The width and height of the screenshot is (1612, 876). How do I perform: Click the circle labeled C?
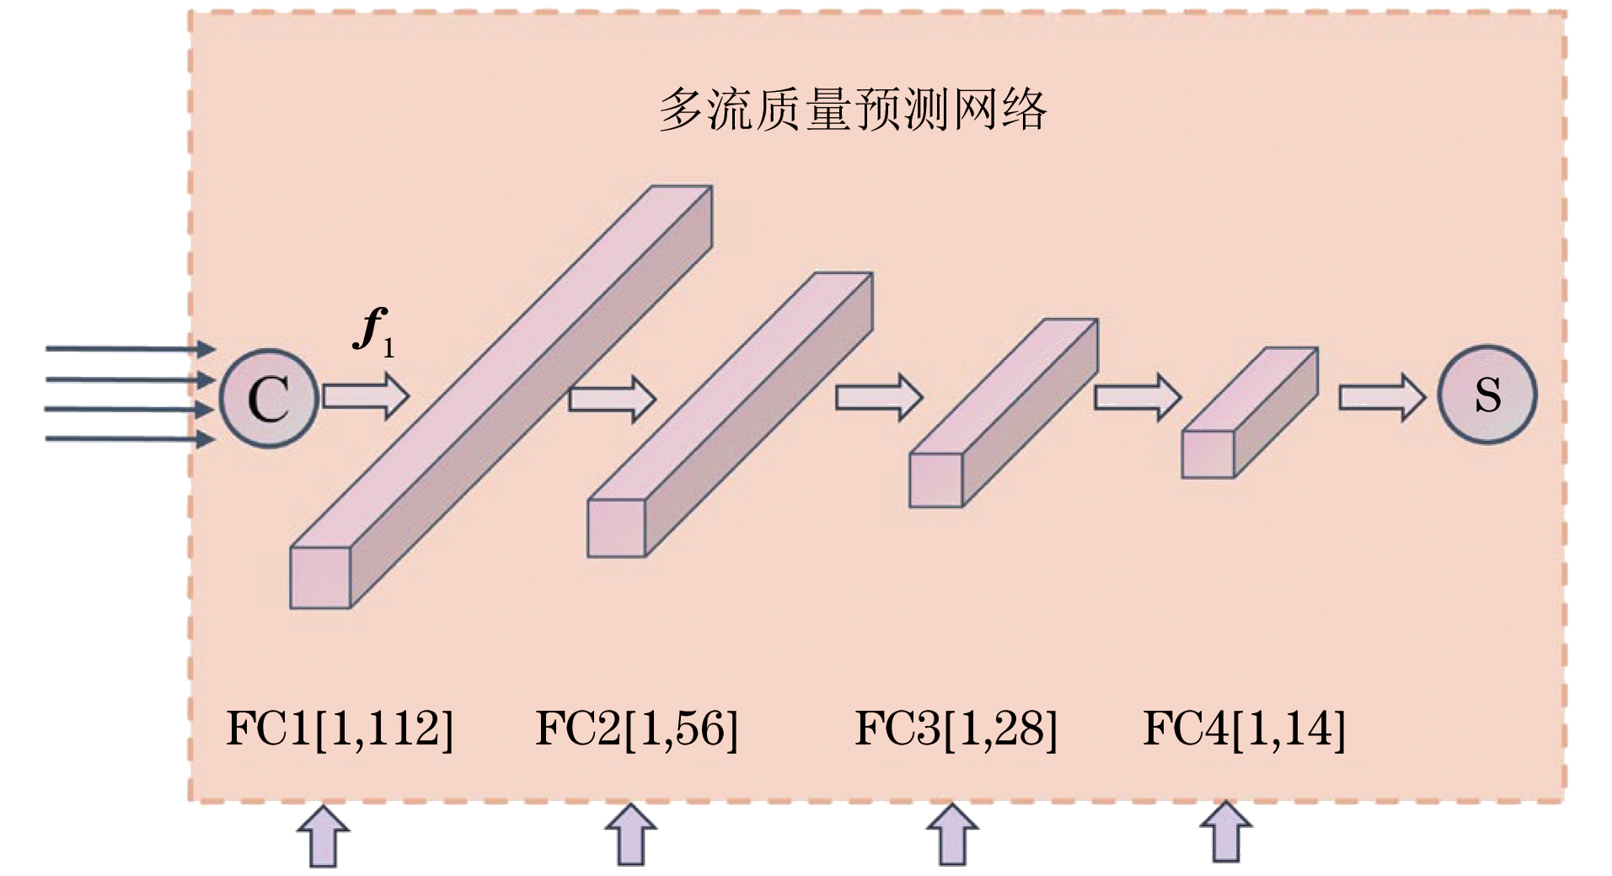click(x=269, y=397)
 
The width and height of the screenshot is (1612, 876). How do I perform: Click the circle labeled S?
click(x=1486, y=394)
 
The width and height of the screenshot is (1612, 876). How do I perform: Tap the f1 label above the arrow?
click(x=373, y=331)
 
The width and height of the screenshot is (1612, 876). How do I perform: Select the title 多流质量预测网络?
click(x=852, y=110)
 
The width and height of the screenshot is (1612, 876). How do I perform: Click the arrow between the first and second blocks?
click(x=612, y=398)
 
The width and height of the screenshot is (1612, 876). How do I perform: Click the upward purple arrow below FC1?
click(x=324, y=836)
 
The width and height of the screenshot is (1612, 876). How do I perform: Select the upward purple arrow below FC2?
click(x=631, y=835)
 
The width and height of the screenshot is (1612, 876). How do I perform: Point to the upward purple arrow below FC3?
click(x=952, y=835)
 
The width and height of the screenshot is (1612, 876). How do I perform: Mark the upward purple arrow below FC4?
click(x=1225, y=833)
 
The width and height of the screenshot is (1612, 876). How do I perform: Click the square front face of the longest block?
click(x=320, y=578)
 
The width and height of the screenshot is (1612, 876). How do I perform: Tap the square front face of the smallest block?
click(x=1208, y=454)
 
